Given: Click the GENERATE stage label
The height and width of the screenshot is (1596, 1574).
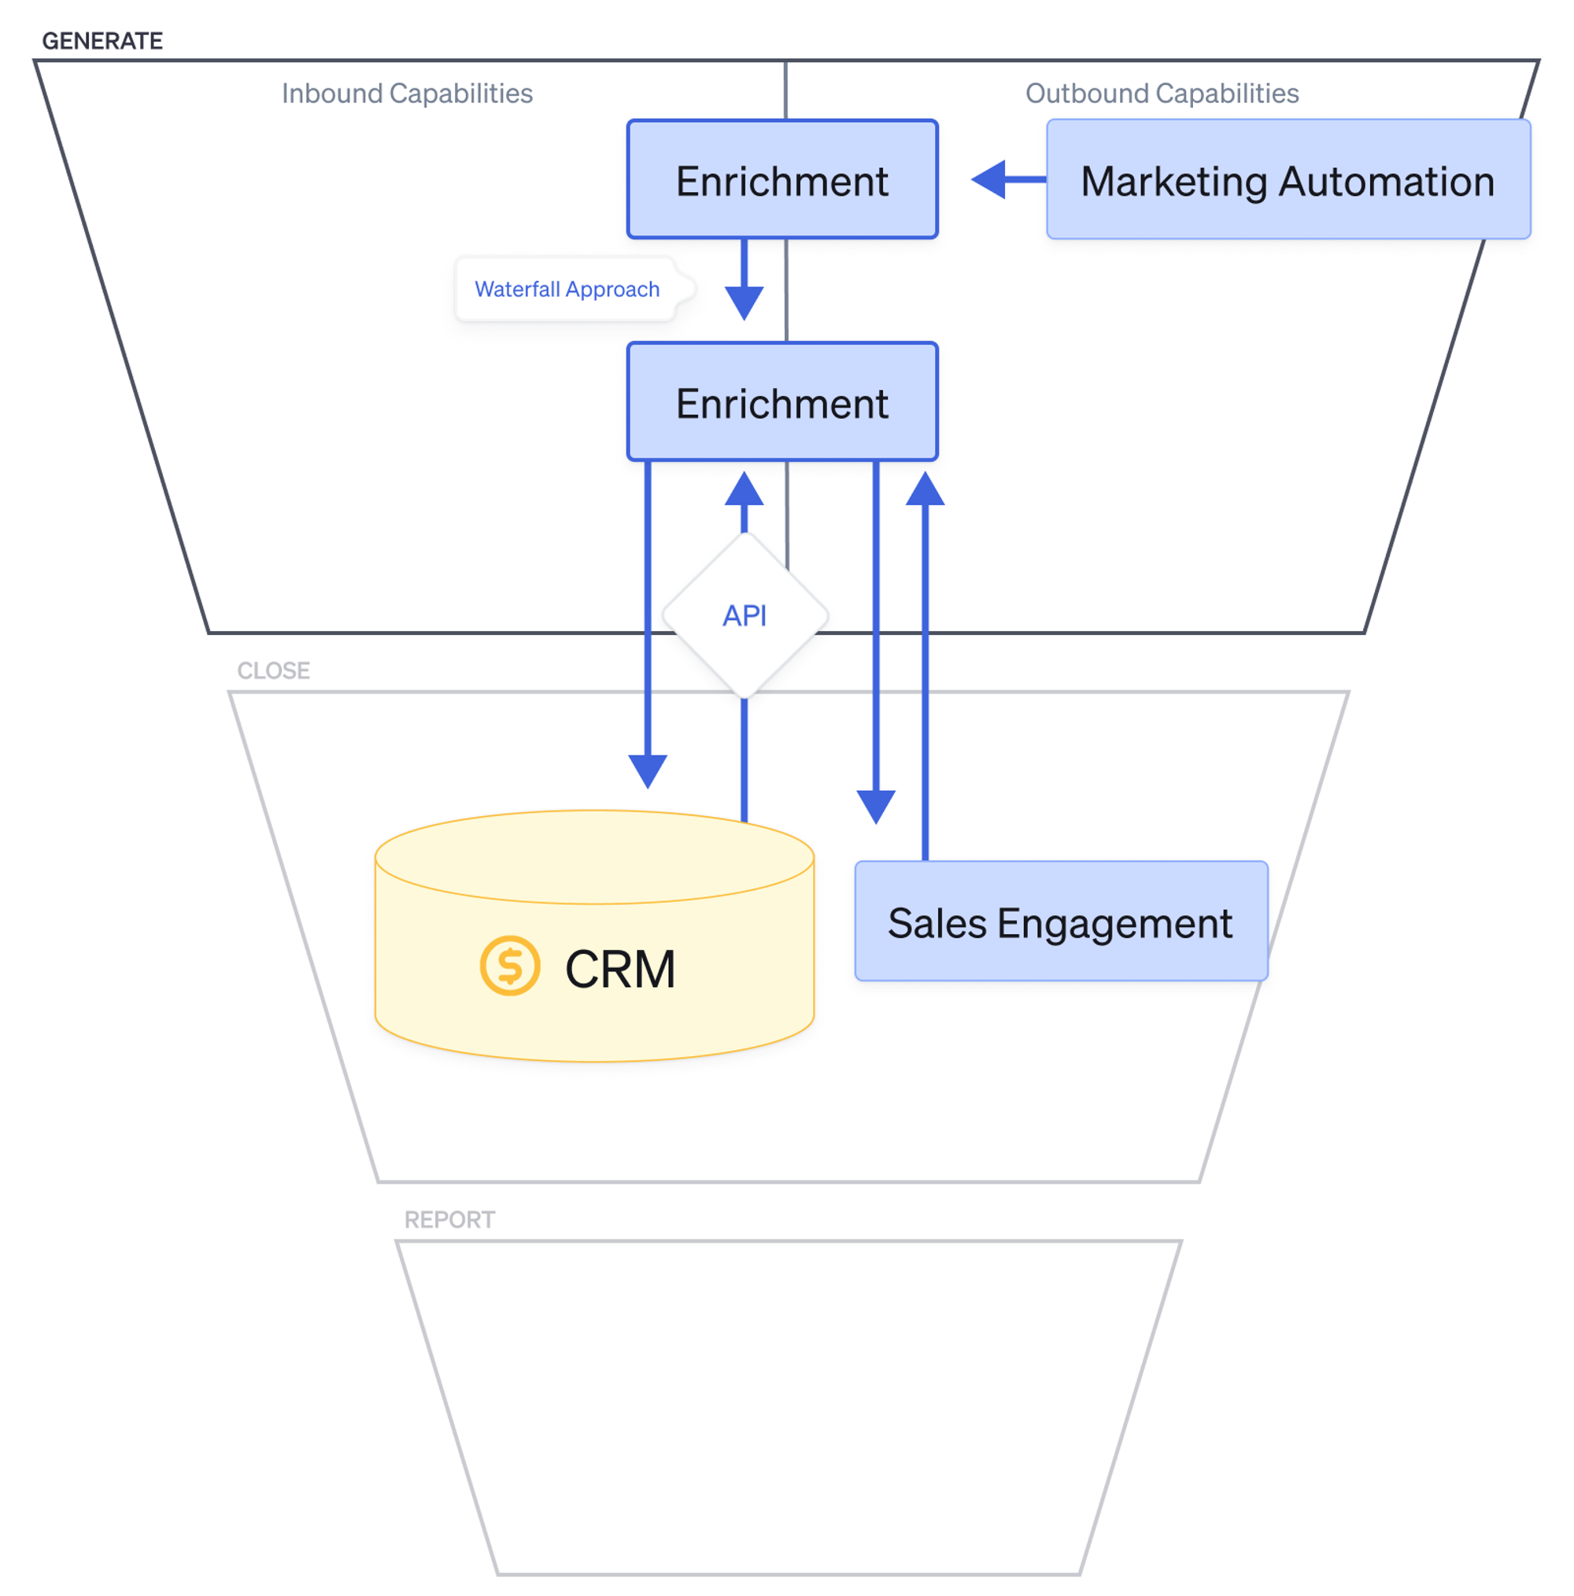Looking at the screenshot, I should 102,40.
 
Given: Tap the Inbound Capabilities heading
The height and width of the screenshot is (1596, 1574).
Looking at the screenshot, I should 407,94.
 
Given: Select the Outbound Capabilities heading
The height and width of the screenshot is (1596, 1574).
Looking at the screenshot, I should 1161,94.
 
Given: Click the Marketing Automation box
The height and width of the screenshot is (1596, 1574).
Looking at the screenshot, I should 1288,179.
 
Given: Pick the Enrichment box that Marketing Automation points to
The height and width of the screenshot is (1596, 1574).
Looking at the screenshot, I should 781,179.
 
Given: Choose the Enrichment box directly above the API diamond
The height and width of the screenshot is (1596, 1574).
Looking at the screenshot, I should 781,401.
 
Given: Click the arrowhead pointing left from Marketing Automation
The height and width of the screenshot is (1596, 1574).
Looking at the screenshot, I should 990,179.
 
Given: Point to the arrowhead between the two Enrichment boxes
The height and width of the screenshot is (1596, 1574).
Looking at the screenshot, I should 744,301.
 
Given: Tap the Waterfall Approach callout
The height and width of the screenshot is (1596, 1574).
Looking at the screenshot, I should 567,289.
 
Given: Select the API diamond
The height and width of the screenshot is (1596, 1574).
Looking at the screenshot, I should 745,615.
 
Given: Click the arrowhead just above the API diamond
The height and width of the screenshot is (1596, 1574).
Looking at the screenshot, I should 744,489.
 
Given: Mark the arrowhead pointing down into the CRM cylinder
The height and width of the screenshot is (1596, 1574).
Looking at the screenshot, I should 648,770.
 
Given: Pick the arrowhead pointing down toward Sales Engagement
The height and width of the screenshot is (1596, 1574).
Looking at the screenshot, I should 875,805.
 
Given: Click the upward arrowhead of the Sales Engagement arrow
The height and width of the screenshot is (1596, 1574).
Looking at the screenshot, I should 925,489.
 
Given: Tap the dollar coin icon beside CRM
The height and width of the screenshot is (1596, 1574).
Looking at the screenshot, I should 510,965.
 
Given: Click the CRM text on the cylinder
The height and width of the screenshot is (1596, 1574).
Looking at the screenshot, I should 619,968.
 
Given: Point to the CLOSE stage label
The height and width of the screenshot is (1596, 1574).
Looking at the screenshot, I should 274,670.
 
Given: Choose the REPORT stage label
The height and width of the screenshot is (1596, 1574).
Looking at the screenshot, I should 449,1219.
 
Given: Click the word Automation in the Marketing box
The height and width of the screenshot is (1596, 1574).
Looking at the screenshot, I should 1386,181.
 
